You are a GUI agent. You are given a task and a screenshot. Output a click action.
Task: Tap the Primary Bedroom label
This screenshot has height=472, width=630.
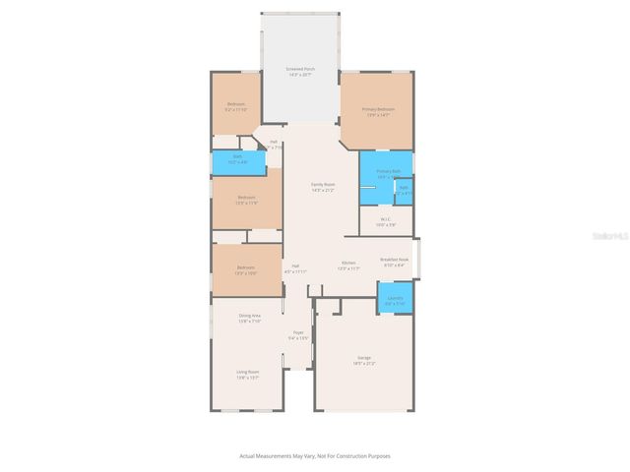click(x=378, y=109)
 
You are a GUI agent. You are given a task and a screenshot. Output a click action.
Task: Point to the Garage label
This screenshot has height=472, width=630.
click(x=364, y=357)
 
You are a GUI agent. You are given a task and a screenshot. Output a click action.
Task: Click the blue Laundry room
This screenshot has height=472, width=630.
click(x=396, y=299)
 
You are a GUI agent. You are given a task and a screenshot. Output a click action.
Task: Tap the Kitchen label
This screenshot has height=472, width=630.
click(x=348, y=263)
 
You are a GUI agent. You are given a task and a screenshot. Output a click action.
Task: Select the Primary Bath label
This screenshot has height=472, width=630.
click(x=386, y=170)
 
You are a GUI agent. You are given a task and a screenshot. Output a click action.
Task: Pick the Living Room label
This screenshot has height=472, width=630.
click(x=246, y=372)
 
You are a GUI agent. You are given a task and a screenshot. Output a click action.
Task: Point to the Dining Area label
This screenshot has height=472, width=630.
click(x=249, y=315)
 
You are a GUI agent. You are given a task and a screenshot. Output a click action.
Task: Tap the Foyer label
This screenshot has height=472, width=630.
click(x=298, y=332)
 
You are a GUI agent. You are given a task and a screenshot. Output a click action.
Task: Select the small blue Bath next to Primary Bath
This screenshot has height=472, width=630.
click(x=404, y=189)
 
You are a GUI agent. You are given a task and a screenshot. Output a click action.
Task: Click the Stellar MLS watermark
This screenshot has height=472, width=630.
click(x=609, y=236)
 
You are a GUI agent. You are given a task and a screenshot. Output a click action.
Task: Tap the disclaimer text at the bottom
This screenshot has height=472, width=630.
click(x=315, y=456)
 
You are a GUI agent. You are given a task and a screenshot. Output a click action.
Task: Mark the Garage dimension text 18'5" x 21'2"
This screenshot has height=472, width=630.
click(x=364, y=364)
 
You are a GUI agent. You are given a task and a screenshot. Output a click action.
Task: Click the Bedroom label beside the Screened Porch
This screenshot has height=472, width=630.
click(x=236, y=104)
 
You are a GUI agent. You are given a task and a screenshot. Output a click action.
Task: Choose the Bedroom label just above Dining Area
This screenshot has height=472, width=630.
click(x=246, y=266)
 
